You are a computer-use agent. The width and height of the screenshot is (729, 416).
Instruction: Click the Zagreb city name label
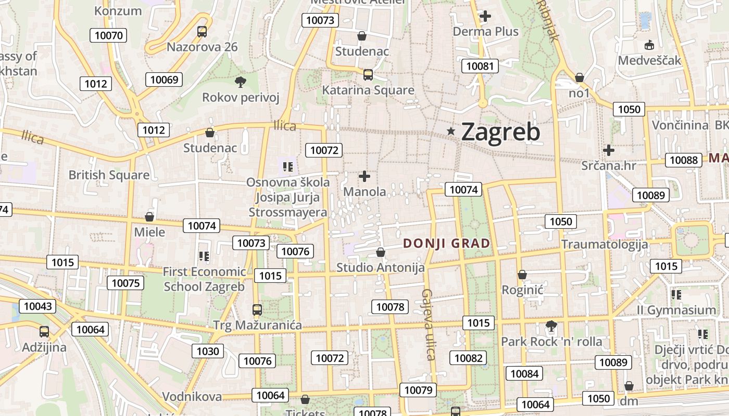click(500, 132)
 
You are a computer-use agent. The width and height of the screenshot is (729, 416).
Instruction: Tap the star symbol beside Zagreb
click(451, 132)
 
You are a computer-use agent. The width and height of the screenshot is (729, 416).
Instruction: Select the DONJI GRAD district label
click(447, 243)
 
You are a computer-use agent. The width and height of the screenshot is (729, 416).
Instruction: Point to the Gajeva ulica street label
click(429, 324)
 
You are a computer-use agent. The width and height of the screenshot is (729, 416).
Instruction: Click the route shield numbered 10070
click(108, 35)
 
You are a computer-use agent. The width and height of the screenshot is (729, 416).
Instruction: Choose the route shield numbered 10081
click(480, 66)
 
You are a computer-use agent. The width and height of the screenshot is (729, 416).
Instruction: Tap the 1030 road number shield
click(207, 351)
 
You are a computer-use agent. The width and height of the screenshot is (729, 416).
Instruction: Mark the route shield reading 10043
click(37, 306)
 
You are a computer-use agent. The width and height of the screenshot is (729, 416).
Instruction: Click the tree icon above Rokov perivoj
click(240, 82)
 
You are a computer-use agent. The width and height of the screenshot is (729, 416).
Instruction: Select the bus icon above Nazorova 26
click(202, 32)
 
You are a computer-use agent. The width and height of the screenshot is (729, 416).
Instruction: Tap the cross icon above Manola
click(364, 177)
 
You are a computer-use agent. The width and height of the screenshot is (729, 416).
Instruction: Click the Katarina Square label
click(368, 90)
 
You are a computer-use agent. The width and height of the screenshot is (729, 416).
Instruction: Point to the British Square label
click(109, 175)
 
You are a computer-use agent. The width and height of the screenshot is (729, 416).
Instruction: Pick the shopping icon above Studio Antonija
click(381, 253)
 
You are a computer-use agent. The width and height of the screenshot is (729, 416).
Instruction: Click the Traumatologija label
click(605, 244)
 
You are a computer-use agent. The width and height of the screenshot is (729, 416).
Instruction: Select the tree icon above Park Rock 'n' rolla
click(551, 326)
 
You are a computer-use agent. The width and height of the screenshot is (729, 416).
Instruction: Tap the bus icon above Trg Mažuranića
click(257, 310)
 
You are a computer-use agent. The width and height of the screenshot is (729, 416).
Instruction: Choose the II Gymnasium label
click(676, 310)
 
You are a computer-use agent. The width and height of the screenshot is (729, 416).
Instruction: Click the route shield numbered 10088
click(683, 160)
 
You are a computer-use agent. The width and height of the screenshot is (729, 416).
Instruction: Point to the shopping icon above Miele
click(149, 217)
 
